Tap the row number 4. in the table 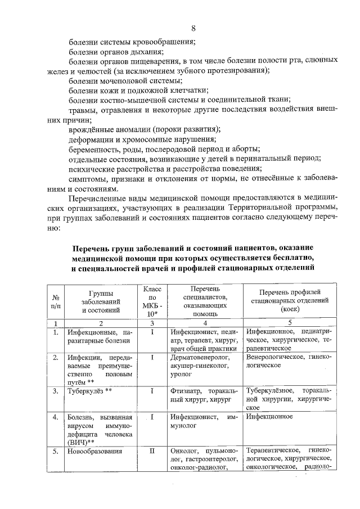[x=56, y=417]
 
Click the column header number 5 [x=289, y=323]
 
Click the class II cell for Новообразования [x=152, y=452]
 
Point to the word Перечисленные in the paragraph [x=97, y=199]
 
